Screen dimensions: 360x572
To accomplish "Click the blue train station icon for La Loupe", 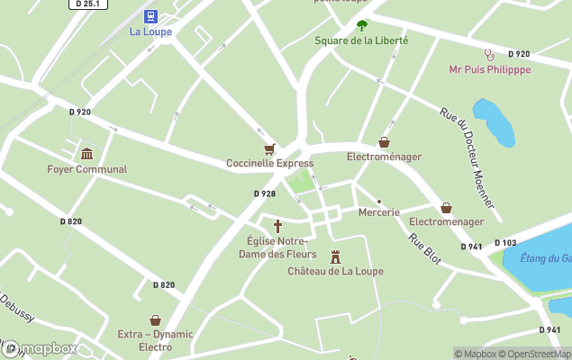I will click(x=150, y=16).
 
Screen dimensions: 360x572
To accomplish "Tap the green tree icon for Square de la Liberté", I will click(x=362, y=25).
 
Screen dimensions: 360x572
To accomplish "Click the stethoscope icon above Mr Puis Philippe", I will click(x=490, y=54).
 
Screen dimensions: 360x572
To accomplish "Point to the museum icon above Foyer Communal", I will click(x=86, y=154).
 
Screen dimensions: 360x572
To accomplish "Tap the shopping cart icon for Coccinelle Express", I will click(x=268, y=148).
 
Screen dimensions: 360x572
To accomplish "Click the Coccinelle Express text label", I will click(x=269, y=163).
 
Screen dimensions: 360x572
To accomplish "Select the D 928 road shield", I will click(x=264, y=193).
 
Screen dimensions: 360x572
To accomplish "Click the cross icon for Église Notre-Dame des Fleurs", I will click(x=277, y=226).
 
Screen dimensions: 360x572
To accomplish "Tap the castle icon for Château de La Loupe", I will click(x=335, y=256).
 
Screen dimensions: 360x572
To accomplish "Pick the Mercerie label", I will click(x=378, y=212).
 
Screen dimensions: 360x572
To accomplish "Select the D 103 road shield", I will click(x=505, y=243).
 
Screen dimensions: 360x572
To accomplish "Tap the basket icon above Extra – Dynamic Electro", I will click(x=155, y=319).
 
